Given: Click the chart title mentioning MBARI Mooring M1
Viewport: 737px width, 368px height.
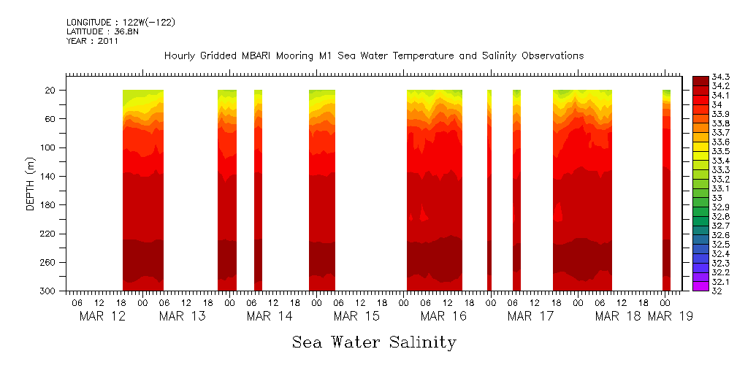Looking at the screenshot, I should pos(374,56).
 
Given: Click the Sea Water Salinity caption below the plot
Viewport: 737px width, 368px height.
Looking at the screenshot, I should pos(374,342).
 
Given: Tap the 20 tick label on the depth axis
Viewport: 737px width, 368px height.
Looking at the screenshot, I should pos(51,91).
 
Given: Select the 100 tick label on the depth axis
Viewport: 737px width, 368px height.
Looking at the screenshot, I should pos(49,147).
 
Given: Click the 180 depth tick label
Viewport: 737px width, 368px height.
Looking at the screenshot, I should pos(49,205).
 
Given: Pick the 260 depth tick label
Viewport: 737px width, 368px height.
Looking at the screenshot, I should pos(49,263).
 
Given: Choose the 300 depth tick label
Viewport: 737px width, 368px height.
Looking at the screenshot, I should pos(49,291).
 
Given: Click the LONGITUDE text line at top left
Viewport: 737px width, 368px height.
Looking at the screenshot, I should pos(121,23).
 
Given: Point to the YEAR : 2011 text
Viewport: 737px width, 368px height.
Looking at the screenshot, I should pos(92,41).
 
